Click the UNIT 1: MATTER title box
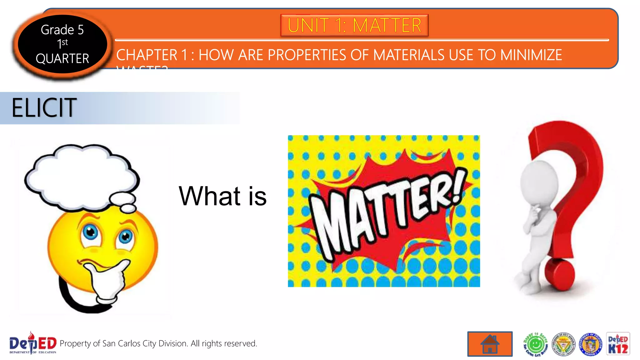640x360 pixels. (354, 25)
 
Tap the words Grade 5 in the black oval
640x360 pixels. (62, 30)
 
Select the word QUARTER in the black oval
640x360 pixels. (62, 58)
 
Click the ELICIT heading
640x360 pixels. (44, 108)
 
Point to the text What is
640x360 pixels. (222, 196)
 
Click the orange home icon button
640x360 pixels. (490, 344)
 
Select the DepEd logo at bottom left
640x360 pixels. (32, 343)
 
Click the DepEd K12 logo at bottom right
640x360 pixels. (618, 344)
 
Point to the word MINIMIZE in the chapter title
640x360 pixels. (531, 55)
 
